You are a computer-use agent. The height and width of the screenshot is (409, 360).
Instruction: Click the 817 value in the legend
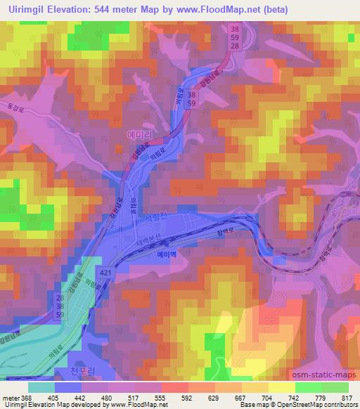pyautogui.click(x=346, y=397)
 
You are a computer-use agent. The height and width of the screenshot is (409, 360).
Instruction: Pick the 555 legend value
pyautogui.click(x=160, y=397)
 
